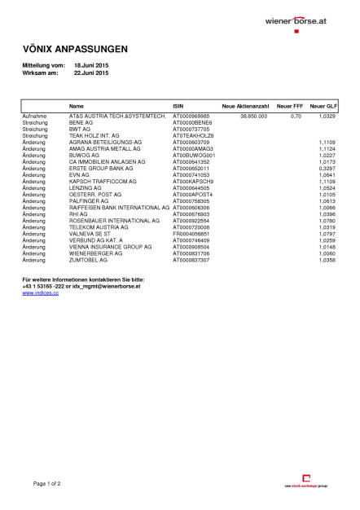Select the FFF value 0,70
tap(296, 117)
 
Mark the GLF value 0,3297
tap(326, 168)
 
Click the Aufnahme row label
tap(33, 117)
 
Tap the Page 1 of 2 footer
tap(47, 484)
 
